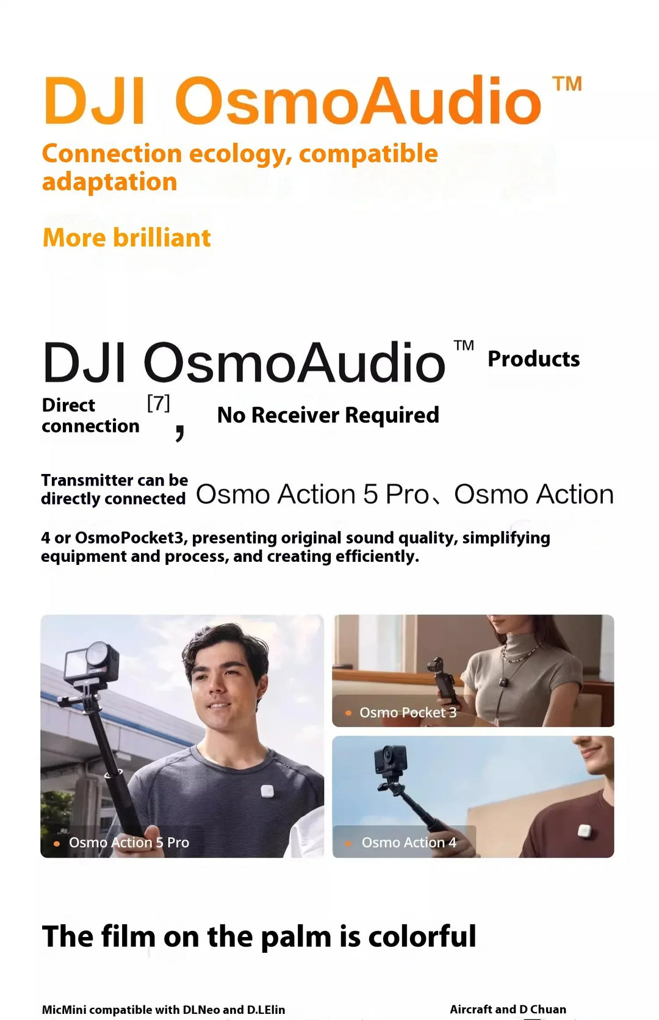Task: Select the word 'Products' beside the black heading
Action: coord(533,359)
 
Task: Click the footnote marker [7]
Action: coord(158,403)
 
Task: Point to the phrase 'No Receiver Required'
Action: coord(328,415)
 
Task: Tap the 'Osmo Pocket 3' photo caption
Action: coord(407,713)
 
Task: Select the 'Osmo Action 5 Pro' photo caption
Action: coord(129,842)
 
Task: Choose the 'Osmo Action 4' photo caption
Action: coord(408,842)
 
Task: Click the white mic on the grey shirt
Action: coord(267,792)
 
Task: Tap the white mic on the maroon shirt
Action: coord(584,831)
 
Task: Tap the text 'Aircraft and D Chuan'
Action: coord(508,1009)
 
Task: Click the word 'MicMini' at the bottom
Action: coord(64,1010)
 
